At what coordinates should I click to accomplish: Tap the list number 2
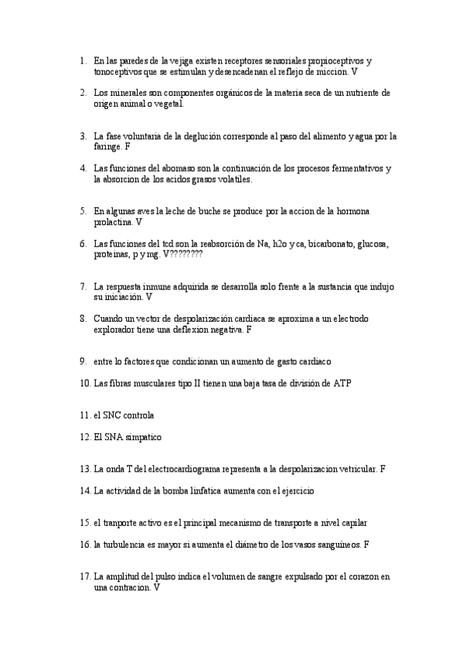[x=83, y=93]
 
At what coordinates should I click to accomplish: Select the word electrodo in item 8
[x=349, y=318]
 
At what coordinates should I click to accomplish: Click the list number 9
[x=83, y=360]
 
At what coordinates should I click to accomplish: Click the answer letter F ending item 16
[x=365, y=544]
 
